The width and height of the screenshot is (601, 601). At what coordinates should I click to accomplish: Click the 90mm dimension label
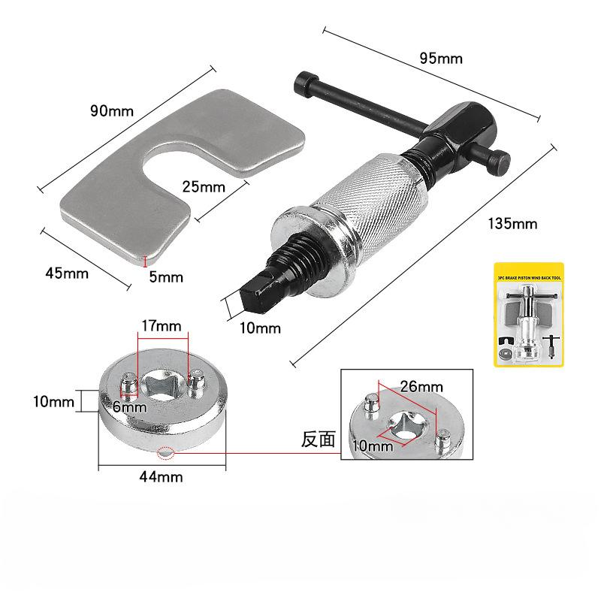point(111,111)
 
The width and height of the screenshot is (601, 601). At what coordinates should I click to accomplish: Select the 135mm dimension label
point(512,223)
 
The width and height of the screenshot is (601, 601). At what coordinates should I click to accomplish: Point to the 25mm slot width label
point(203,185)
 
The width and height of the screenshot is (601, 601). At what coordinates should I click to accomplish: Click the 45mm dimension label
point(67,273)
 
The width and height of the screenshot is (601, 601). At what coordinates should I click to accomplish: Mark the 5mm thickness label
point(166,276)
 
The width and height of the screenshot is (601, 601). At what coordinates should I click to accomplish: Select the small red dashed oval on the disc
point(165,454)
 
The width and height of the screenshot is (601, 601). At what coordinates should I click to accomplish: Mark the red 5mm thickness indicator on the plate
point(144,261)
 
